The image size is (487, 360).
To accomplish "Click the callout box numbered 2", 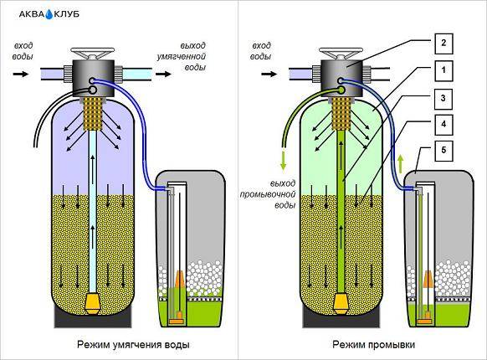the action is (x=443, y=44).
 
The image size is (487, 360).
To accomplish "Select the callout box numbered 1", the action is (x=443, y=70).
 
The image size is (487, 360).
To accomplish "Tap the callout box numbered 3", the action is (x=443, y=99).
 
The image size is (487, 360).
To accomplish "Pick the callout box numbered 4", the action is (x=443, y=125).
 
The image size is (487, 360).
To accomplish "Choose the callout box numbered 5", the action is (x=443, y=151).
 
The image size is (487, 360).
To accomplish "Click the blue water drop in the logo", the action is (x=49, y=14).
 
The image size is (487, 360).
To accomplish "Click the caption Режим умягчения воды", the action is (x=133, y=345).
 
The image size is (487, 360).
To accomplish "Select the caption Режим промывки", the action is (x=374, y=345).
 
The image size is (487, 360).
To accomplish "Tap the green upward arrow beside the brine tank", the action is (x=401, y=164).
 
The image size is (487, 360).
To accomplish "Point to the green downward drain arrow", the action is (x=283, y=161).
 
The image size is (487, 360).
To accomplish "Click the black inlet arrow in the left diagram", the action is (x=21, y=74).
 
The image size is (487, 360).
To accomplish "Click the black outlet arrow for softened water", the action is (x=163, y=74).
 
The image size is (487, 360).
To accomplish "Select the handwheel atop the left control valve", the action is (x=93, y=53).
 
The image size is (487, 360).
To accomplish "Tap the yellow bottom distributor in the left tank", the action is (x=93, y=303).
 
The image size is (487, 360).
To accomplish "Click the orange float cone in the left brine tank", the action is (x=180, y=279).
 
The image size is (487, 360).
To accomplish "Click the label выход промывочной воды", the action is (x=268, y=194).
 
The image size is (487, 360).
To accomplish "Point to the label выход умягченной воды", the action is (x=182, y=56).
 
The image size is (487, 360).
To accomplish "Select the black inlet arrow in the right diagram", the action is (x=269, y=74).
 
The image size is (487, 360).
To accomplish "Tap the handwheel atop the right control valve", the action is (x=341, y=53).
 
